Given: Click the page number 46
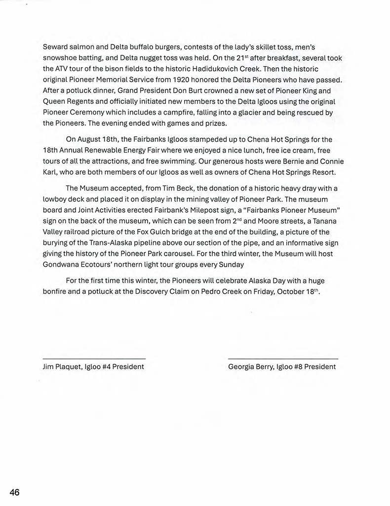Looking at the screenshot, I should [x=14, y=492].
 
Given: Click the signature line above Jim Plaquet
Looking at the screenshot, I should [x=94, y=358].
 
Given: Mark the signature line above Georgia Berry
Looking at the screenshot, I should [x=283, y=358].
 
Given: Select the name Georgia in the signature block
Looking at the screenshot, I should [x=241, y=367].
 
